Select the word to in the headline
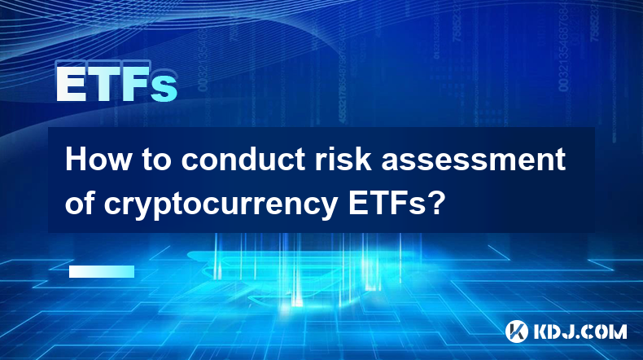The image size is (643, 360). [x=155, y=160]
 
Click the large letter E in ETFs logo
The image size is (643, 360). [x=72, y=84]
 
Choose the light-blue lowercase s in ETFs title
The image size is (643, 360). [x=164, y=88]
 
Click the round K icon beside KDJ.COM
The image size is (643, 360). [x=517, y=331]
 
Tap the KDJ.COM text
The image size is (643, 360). [x=580, y=331]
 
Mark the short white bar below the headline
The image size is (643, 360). [x=102, y=271]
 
